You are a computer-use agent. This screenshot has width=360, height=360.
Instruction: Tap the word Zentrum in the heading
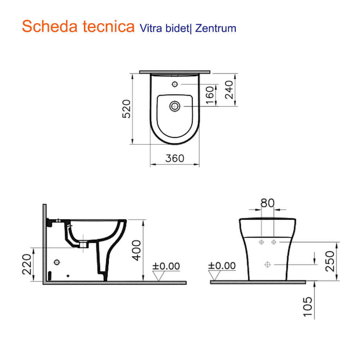216,28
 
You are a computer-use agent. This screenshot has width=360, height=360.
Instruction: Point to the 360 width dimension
175,158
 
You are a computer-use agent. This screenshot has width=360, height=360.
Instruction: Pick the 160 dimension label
210,94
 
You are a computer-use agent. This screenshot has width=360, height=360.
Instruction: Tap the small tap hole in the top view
175,84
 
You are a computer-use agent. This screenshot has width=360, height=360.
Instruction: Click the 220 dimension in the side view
27,264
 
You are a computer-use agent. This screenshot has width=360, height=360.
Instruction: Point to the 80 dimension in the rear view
267,203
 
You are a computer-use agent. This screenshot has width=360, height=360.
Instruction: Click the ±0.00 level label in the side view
166,266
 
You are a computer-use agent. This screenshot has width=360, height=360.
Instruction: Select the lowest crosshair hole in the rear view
267,265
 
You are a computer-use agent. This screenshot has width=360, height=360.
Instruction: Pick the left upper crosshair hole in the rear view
262,242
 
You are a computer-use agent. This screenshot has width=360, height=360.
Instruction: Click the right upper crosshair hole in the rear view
274,242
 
